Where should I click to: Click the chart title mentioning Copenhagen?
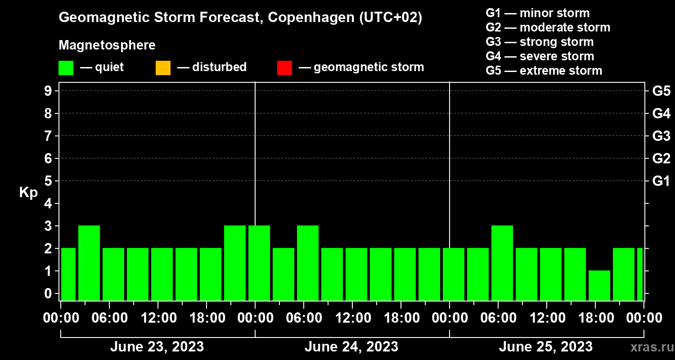coord(240,18)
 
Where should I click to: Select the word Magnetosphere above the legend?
coord(107,45)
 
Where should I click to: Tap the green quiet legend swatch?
coord(66,68)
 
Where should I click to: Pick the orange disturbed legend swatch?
coord(163,68)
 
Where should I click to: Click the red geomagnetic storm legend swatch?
coord(284,68)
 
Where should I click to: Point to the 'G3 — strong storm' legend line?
coord(540,42)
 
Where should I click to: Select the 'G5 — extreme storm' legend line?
coord(544,71)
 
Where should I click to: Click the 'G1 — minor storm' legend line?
coord(537,13)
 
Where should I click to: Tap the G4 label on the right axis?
coord(661,113)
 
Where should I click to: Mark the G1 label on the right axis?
coord(661,181)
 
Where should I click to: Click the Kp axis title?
coord(28,193)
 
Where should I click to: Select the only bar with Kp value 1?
coord(599,285)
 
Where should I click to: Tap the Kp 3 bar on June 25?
coord(502,263)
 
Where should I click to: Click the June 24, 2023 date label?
coord(351,347)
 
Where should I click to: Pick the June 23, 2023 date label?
coord(157,347)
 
